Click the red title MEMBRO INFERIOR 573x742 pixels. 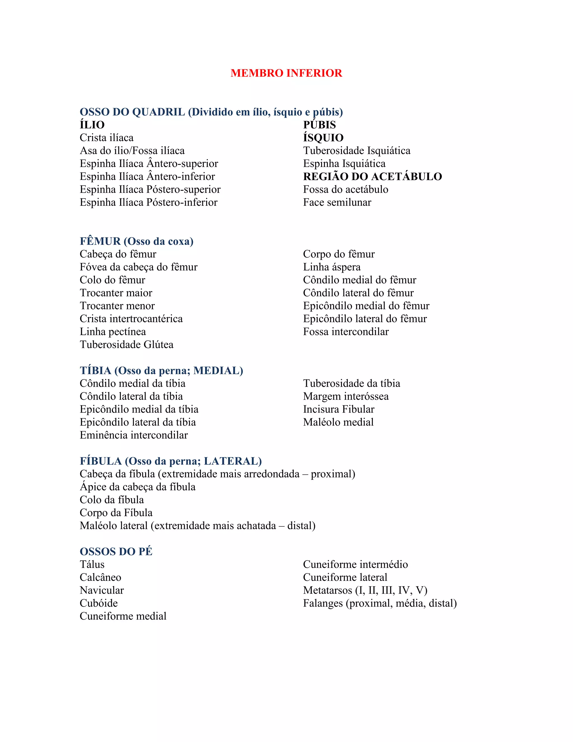286,73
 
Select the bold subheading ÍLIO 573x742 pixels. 92,125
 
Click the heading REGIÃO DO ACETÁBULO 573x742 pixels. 372,176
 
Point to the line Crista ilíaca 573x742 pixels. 107,137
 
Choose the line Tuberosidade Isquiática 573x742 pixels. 356,151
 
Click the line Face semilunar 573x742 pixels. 337,202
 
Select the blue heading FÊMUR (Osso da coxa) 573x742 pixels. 137,241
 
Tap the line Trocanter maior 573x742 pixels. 116,293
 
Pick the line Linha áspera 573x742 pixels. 332,267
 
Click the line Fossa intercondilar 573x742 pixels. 346,332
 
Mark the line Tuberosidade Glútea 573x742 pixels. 126,344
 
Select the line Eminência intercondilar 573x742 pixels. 133,435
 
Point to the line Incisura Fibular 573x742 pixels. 339,409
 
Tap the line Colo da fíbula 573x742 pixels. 112,500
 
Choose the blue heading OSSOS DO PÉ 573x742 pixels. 116,551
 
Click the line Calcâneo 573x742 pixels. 100,577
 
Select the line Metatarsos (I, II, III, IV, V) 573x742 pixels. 365,590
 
